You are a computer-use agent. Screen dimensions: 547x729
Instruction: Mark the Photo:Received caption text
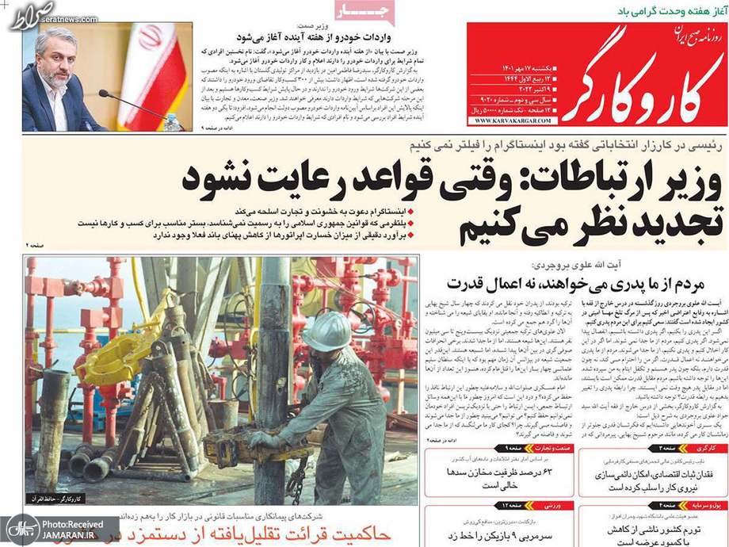click(x=74, y=524)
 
